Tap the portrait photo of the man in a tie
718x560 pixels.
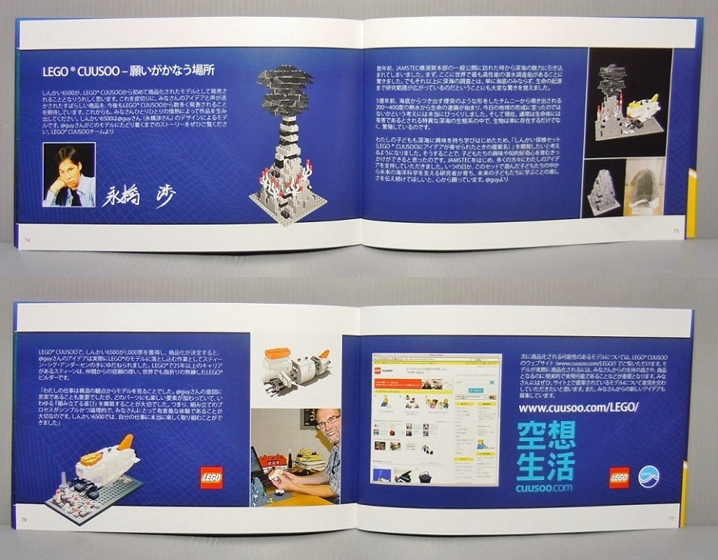pyautogui.click(x=70, y=175)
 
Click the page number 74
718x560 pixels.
pyautogui.click(x=28, y=239)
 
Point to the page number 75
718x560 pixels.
pyautogui.click(x=676, y=229)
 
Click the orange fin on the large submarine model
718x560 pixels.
pyautogui.click(x=126, y=442)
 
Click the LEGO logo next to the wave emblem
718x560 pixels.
pyautogui.click(x=619, y=478)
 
